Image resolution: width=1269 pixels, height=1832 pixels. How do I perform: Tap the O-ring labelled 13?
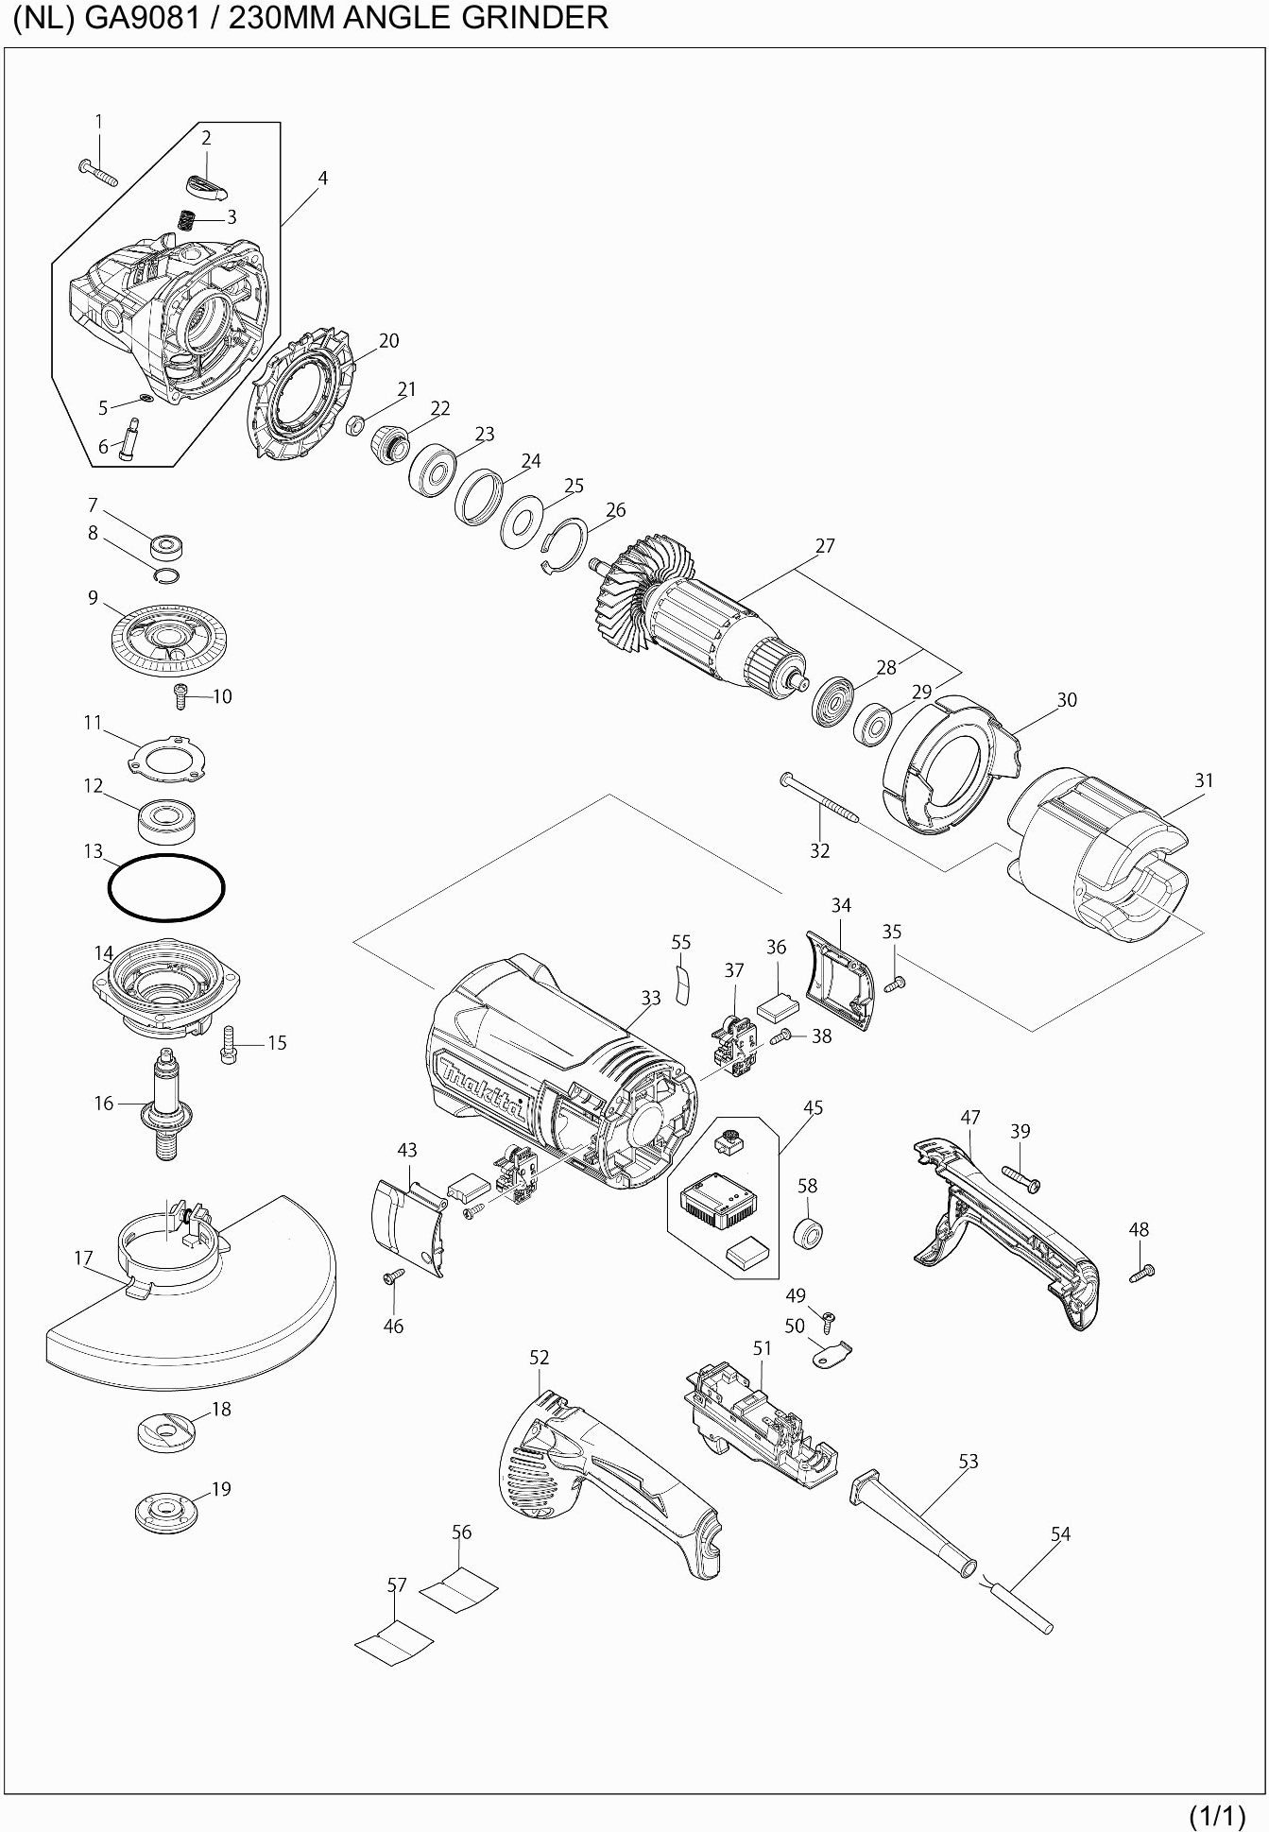coord(166,886)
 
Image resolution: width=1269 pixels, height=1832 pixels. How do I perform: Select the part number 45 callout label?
coord(813,1107)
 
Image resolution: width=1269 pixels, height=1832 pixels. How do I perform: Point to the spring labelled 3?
coord(188,220)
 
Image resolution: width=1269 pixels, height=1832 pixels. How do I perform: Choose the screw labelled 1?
coord(98,173)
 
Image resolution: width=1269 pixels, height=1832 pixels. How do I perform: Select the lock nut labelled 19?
coord(166,1513)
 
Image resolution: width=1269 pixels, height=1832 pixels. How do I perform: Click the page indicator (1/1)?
coord(1217,1815)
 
